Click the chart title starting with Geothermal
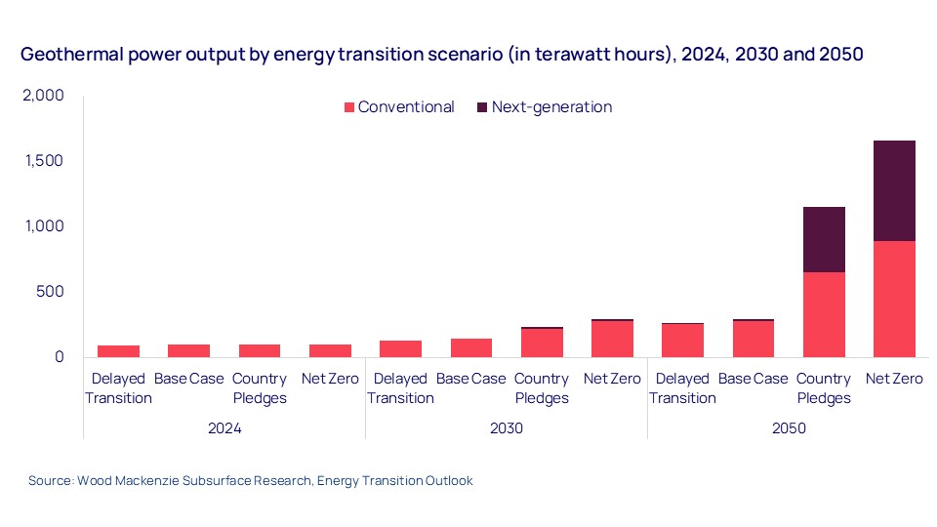click(x=441, y=55)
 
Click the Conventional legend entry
click(x=399, y=107)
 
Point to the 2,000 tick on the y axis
click(x=43, y=96)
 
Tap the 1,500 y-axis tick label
click(x=44, y=161)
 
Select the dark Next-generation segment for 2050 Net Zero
click(x=894, y=190)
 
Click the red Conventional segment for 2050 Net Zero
click(x=894, y=299)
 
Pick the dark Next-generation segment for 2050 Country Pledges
click(x=824, y=239)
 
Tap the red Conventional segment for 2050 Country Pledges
click(x=824, y=314)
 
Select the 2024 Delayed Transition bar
click(x=118, y=350)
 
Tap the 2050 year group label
click(x=788, y=427)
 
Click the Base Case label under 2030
click(x=470, y=379)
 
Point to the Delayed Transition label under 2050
click(x=682, y=388)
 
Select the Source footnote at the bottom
click(x=250, y=481)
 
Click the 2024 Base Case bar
click(x=188, y=350)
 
